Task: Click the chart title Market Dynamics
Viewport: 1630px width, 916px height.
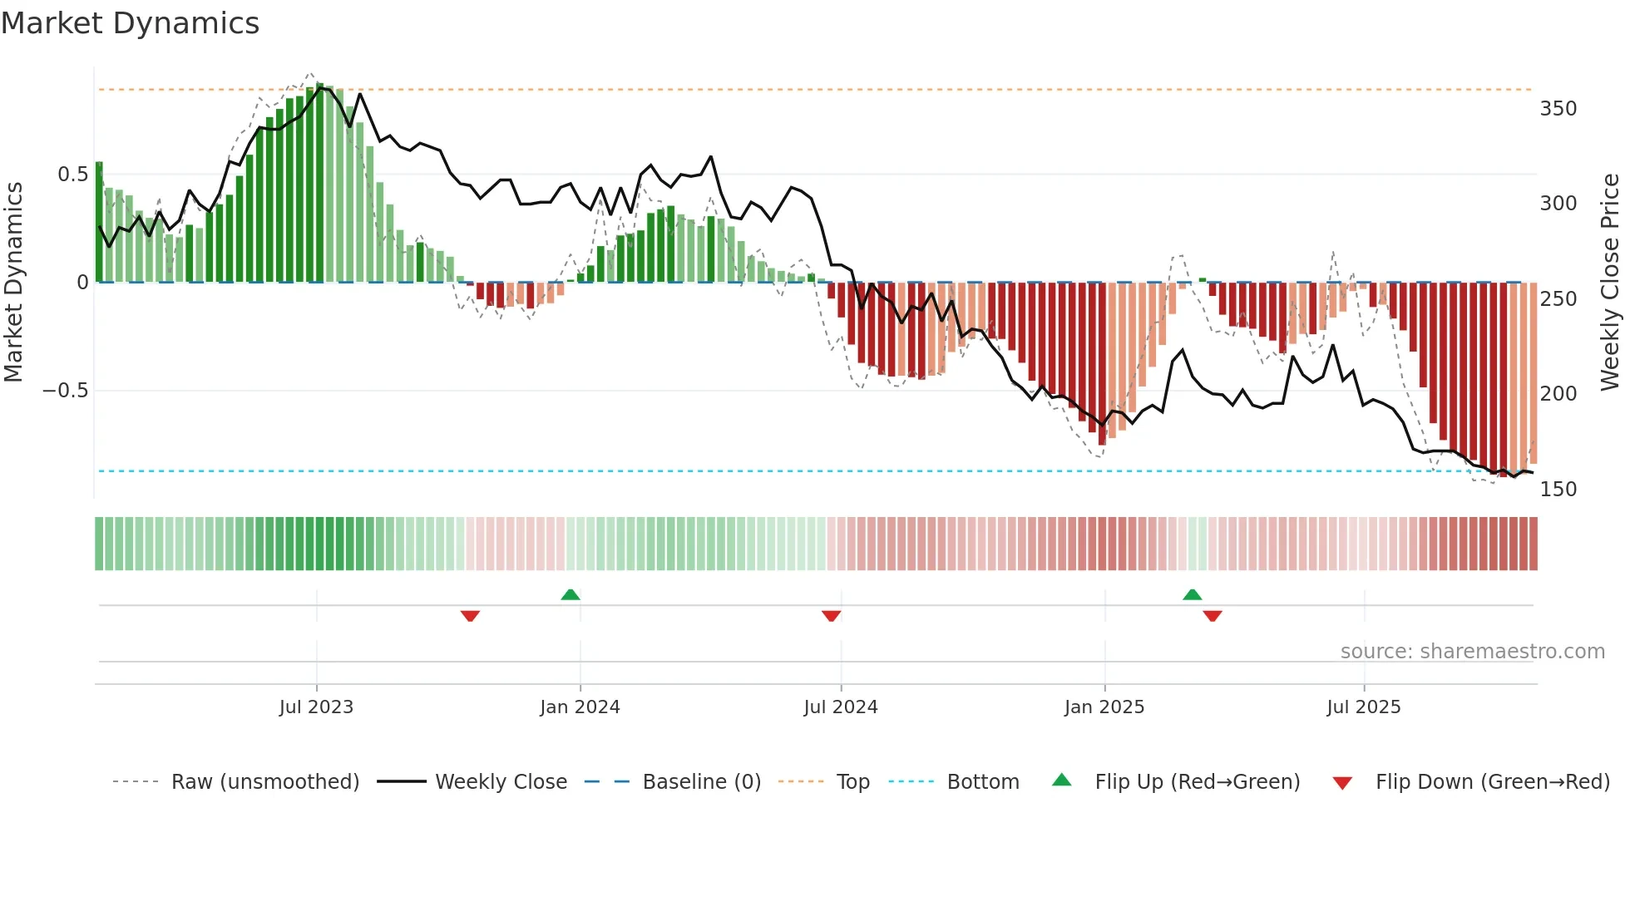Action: [x=130, y=23]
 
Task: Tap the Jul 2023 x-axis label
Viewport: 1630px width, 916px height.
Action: [x=316, y=707]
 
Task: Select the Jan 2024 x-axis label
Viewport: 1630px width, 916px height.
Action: [x=580, y=707]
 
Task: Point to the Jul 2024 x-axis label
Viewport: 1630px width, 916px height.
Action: [x=840, y=707]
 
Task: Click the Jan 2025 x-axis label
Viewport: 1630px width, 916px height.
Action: [x=1104, y=707]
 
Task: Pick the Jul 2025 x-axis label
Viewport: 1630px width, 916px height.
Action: [x=1363, y=707]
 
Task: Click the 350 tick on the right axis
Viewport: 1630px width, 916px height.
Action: [x=1558, y=109]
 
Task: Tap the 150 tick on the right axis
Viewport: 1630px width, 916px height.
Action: [x=1558, y=489]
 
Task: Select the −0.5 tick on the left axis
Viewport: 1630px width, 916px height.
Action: [x=65, y=391]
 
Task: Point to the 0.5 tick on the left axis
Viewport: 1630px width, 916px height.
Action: [x=72, y=175]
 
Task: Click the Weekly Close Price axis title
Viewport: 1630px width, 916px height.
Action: [x=1610, y=282]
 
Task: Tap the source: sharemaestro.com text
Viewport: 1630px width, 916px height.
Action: [x=1472, y=652]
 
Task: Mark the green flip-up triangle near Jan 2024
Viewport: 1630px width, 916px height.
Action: [x=570, y=595]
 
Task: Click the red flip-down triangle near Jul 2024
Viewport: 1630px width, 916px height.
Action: [x=831, y=616]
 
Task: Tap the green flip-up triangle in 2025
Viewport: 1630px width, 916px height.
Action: [x=1192, y=595]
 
